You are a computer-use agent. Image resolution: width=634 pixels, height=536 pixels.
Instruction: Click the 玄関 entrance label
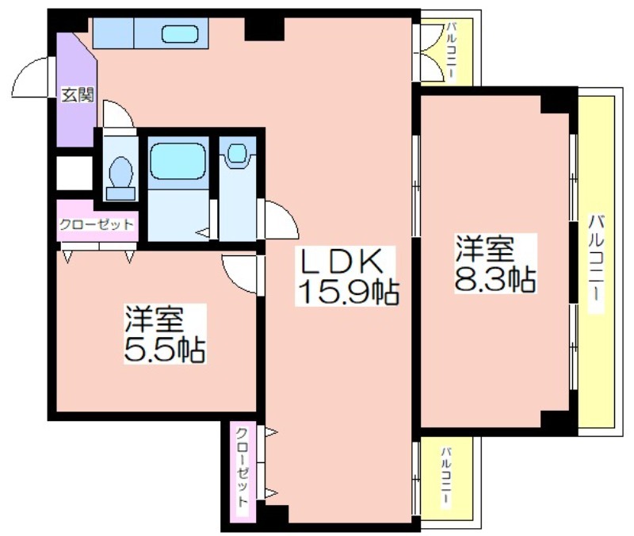pyautogui.click(x=77, y=95)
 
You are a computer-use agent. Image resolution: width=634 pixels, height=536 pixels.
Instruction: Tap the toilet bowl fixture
pyautogui.click(x=121, y=178)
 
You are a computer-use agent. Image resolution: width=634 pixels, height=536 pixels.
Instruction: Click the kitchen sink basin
pyautogui.click(x=180, y=34)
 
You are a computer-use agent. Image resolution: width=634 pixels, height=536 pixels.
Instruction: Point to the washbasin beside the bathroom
pyautogui.click(x=237, y=155)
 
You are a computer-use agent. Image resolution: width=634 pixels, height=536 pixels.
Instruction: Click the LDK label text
pyautogui.click(x=341, y=261)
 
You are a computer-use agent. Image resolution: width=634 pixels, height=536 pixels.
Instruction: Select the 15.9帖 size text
pyautogui.click(x=348, y=291)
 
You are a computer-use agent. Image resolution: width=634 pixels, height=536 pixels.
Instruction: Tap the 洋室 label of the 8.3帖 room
pyautogui.click(x=485, y=248)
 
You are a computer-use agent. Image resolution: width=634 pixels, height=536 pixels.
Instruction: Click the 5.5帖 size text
pyautogui.click(x=165, y=349)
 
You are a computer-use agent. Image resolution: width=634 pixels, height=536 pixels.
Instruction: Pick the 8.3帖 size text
pyautogui.click(x=496, y=279)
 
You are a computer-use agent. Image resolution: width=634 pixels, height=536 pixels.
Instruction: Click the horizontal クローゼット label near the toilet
pyautogui.click(x=96, y=224)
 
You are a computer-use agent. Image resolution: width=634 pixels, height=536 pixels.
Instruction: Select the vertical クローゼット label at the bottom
pyautogui.click(x=242, y=467)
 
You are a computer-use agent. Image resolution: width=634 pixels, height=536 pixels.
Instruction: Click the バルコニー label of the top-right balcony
pyautogui.click(x=451, y=52)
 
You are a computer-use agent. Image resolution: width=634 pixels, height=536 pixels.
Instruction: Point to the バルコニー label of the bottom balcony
pyautogui.click(x=446, y=476)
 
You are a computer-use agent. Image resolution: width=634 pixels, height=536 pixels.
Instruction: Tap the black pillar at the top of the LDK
pyautogui.click(x=264, y=29)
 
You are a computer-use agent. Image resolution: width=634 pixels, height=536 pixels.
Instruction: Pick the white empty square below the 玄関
pyautogui.click(x=74, y=173)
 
